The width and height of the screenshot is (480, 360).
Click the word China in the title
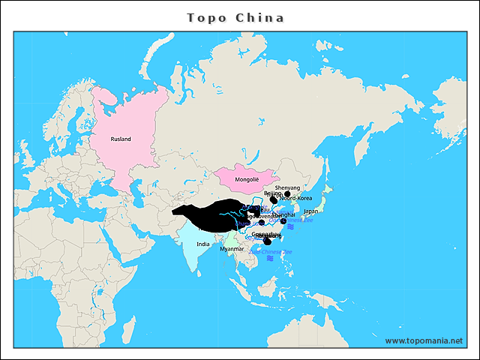tap(259, 17)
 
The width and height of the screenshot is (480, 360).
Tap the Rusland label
tap(121, 139)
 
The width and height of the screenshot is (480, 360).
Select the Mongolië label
tap(247, 180)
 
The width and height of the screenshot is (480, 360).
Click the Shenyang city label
tap(287, 187)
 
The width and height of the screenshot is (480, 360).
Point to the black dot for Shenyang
tap(287, 194)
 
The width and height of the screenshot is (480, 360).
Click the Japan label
tap(310, 211)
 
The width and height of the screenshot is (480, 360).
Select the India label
tap(203, 244)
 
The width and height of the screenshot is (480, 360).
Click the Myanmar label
tap(232, 248)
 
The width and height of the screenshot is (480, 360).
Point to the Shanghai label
tap(285, 214)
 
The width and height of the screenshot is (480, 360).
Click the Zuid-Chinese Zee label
tap(271, 251)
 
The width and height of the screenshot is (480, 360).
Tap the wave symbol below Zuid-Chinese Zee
tap(269, 258)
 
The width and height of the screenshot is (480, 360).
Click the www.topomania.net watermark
tap(424, 340)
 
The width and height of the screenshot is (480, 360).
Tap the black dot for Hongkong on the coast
tap(267, 241)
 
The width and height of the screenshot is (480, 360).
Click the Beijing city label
tap(272, 193)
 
